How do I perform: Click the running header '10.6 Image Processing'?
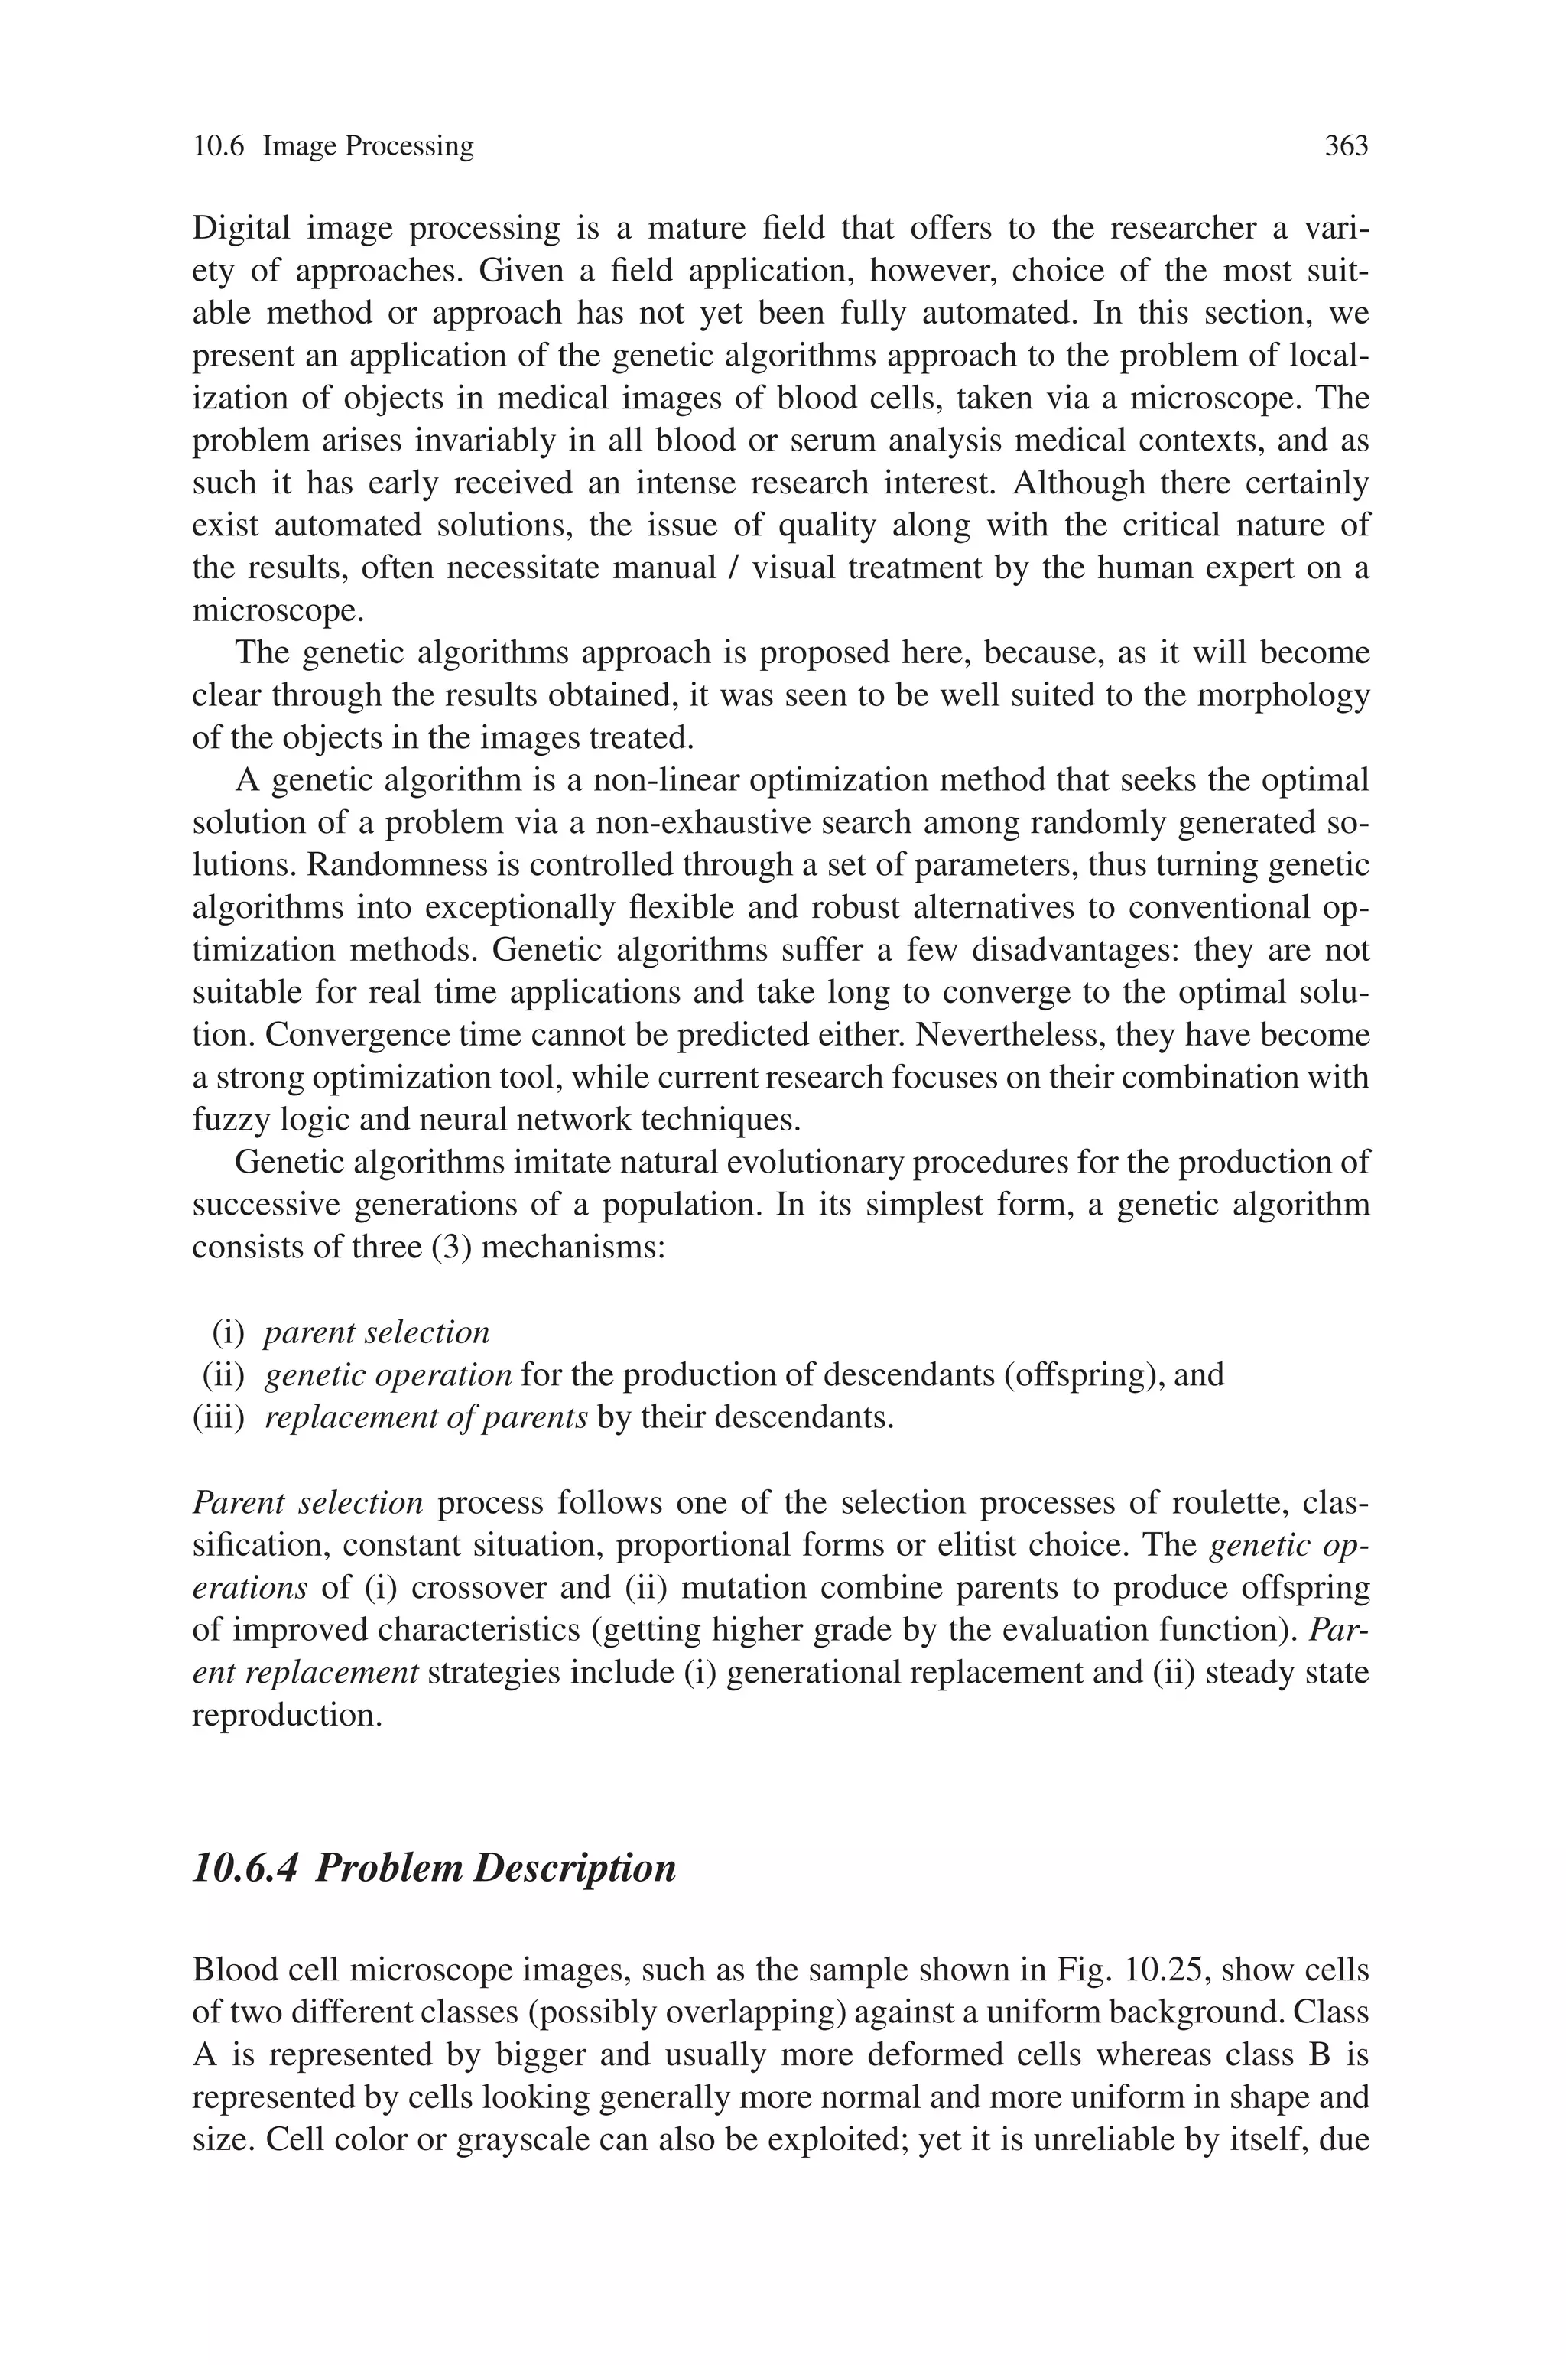pos(333,147)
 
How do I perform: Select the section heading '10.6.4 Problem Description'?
pos(434,1866)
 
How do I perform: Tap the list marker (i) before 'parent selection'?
pos(228,1332)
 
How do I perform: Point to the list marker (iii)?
pos(219,1417)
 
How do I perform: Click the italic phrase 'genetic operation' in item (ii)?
pos(388,1375)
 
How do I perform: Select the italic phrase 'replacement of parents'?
pos(425,1417)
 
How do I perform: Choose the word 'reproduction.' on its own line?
pos(288,1715)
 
